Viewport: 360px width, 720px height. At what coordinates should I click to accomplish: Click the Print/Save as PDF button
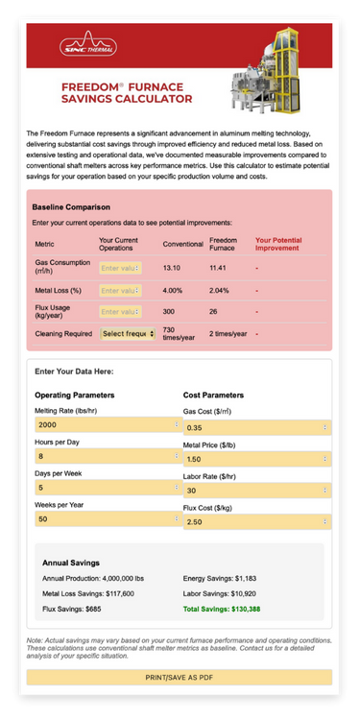click(x=180, y=676)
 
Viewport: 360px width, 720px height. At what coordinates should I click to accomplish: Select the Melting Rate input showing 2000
click(x=106, y=424)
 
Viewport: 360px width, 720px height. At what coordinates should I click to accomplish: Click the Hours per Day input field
click(x=106, y=456)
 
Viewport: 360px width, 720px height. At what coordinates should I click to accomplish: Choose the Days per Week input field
click(x=106, y=488)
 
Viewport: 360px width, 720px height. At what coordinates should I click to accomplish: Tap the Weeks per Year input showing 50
click(x=106, y=519)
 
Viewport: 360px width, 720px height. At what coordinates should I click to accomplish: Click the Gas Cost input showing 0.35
click(x=255, y=427)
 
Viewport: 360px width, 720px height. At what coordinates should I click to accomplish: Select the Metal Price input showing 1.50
click(x=255, y=459)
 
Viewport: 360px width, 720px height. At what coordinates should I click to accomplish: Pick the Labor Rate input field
click(x=255, y=491)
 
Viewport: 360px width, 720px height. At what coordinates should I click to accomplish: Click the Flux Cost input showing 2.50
click(x=255, y=522)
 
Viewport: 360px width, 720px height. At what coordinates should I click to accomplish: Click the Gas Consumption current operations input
click(x=120, y=268)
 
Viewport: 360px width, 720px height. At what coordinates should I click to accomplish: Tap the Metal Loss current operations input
click(x=120, y=289)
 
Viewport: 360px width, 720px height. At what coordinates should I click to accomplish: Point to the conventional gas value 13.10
click(x=173, y=268)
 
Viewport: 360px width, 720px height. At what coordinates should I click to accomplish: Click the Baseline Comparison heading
click(x=71, y=206)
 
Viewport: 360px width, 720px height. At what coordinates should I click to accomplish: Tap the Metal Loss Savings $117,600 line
click(x=88, y=593)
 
